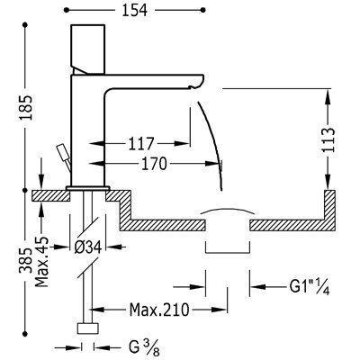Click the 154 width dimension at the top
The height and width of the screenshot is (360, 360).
coord(135,11)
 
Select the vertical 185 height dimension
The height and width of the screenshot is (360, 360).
coord(26,107)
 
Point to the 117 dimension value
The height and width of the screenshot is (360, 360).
coord(141,144)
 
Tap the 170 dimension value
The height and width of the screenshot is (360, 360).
coord(154,164)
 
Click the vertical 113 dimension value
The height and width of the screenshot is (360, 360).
coord(328,140)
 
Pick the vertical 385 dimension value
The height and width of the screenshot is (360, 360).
coord(26,260)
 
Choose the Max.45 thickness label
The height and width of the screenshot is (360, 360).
coord(41,261)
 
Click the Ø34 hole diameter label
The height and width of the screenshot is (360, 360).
coord(87,247)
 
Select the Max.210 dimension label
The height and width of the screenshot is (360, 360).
coord(159,310)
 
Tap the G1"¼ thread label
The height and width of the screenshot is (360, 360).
coord(310,287)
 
